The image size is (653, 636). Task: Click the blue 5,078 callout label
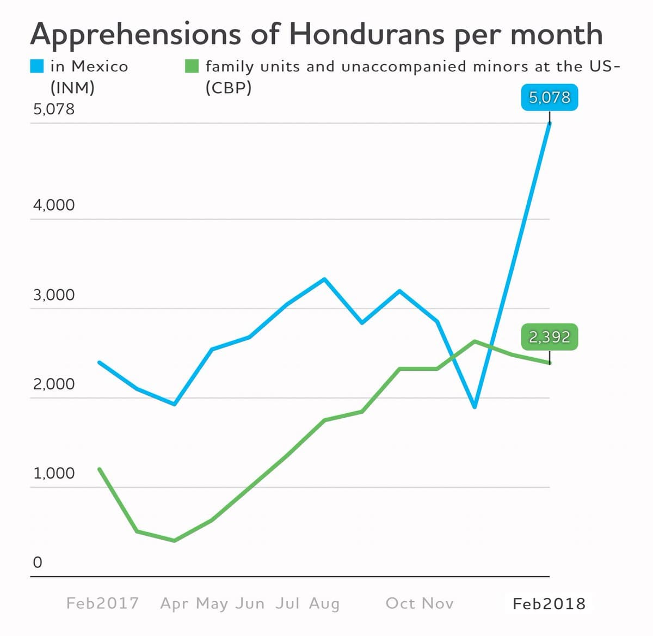point(549,98)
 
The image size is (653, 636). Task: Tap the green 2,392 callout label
point(549,337)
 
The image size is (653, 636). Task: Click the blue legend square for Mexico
point(37,66)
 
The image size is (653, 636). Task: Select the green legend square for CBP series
point(192,66)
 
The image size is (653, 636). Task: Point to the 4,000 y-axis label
point(54,205)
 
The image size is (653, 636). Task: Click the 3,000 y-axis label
point(54,295)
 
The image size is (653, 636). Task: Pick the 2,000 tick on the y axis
point(54,384)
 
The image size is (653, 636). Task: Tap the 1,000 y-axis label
point(54,473)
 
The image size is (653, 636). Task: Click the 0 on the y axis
point(37,562)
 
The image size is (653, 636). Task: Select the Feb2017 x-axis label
point(102,603)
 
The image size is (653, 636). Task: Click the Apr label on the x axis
point(174,603)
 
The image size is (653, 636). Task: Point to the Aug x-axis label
point(324,603)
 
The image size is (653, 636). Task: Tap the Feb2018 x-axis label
point(549,603)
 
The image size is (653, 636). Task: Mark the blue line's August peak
point(324,279)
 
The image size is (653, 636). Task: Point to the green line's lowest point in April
point(174,541)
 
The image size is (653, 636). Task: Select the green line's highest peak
point(475,341)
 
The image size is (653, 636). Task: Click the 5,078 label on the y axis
point(54,109)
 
